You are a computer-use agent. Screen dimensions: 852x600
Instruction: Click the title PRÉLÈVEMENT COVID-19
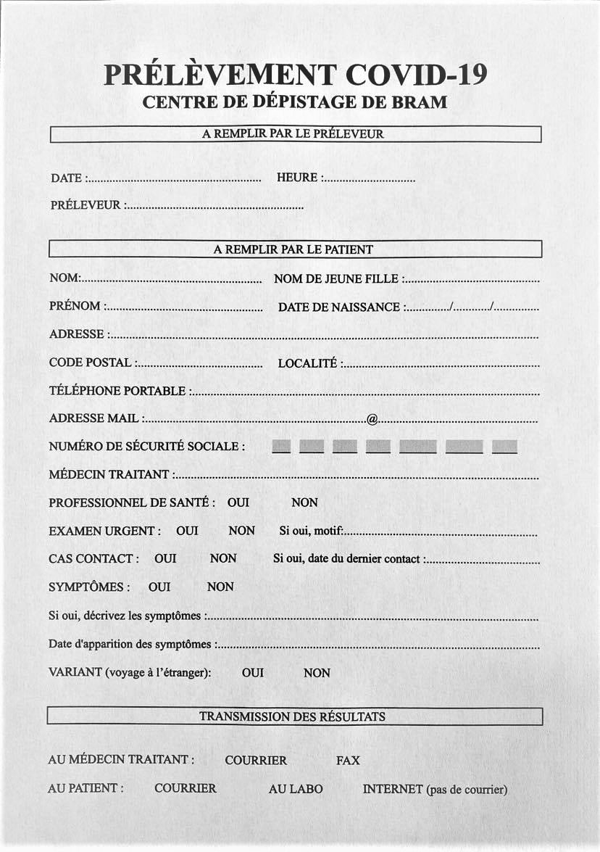tap(295, 75)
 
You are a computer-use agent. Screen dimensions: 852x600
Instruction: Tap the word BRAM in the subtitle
tap(420, 102)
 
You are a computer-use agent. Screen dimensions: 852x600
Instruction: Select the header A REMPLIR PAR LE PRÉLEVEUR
tap(293, 134)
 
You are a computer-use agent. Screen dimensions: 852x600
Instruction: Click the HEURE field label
tap(297, 178)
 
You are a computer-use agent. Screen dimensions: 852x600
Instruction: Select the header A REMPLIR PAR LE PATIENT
tap(293, 249)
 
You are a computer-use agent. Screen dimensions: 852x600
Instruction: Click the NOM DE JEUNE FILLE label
tap(336, 278)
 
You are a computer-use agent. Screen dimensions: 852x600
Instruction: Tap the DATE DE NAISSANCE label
tap(339, 307)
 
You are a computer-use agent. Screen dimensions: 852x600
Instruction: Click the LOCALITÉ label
tap(307, 363)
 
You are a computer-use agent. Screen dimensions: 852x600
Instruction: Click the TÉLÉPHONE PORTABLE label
tap(117, 391)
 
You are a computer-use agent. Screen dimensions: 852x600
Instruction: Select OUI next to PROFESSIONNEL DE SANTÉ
tap(238, 502)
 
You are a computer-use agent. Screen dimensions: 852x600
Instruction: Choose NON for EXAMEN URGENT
tap(241, 531)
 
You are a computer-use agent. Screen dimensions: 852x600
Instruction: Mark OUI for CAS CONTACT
tap(165, 558)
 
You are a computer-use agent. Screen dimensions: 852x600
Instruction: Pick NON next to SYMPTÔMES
tap(220, 587)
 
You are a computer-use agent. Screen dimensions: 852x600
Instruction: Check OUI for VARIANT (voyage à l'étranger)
tap(253, 673)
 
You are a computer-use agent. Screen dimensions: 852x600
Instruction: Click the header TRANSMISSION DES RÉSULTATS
tap(292, 716)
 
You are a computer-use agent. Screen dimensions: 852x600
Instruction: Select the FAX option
tap(348, 761)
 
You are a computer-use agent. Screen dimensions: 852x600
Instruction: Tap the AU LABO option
tap(296, 789)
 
